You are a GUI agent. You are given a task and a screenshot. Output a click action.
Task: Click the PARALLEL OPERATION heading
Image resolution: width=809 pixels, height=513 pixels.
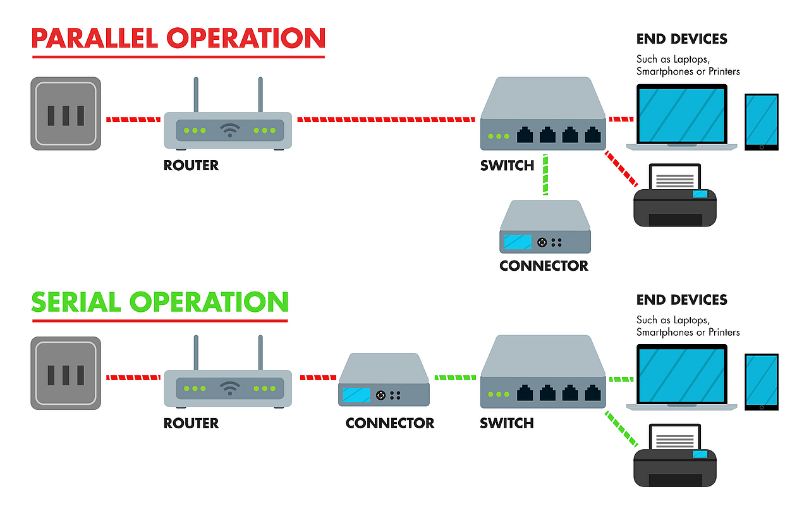click(178, 39)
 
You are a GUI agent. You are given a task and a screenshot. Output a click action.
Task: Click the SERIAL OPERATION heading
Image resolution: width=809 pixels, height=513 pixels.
click(159, 302)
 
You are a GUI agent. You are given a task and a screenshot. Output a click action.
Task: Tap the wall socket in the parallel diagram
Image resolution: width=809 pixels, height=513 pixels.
click(66, 114)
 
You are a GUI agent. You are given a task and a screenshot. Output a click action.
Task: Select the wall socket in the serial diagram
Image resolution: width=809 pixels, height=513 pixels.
click(66, 373)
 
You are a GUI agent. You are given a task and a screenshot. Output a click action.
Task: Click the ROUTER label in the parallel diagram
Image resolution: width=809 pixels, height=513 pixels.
click(191, 166)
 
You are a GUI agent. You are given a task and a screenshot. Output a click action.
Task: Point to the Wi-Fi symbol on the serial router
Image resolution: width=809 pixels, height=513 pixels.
click(229, 388)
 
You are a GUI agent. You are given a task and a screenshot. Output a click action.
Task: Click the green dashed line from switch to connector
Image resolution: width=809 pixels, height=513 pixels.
click(545, 175)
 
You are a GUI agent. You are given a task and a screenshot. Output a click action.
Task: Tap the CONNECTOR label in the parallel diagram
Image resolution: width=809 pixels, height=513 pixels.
click(544, 266)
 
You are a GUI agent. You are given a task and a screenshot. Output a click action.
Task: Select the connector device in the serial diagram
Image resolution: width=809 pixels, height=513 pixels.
click(384, 380)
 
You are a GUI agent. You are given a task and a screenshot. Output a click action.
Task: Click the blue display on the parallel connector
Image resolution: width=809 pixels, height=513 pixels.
click(517, 242)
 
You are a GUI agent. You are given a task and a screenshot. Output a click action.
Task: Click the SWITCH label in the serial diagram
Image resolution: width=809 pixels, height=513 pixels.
click(507, 423)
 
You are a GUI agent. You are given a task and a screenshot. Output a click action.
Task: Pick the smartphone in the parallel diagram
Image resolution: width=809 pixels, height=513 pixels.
click(761, 122)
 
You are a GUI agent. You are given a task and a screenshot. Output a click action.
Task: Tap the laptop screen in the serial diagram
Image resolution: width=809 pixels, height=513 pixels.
click(681, 375)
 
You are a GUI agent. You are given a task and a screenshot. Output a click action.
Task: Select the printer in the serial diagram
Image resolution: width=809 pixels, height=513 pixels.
click(675, 459)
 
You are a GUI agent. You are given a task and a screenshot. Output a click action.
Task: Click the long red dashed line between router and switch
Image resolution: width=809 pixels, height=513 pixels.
click(386, 119)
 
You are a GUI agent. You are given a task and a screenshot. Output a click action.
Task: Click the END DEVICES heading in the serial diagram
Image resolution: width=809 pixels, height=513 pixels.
click(681, 300)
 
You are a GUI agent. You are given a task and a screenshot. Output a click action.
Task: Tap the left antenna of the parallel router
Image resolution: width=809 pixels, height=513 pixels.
click(196, 95)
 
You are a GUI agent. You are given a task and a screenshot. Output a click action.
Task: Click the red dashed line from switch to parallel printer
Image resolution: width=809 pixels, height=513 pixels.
click(621, 169)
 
